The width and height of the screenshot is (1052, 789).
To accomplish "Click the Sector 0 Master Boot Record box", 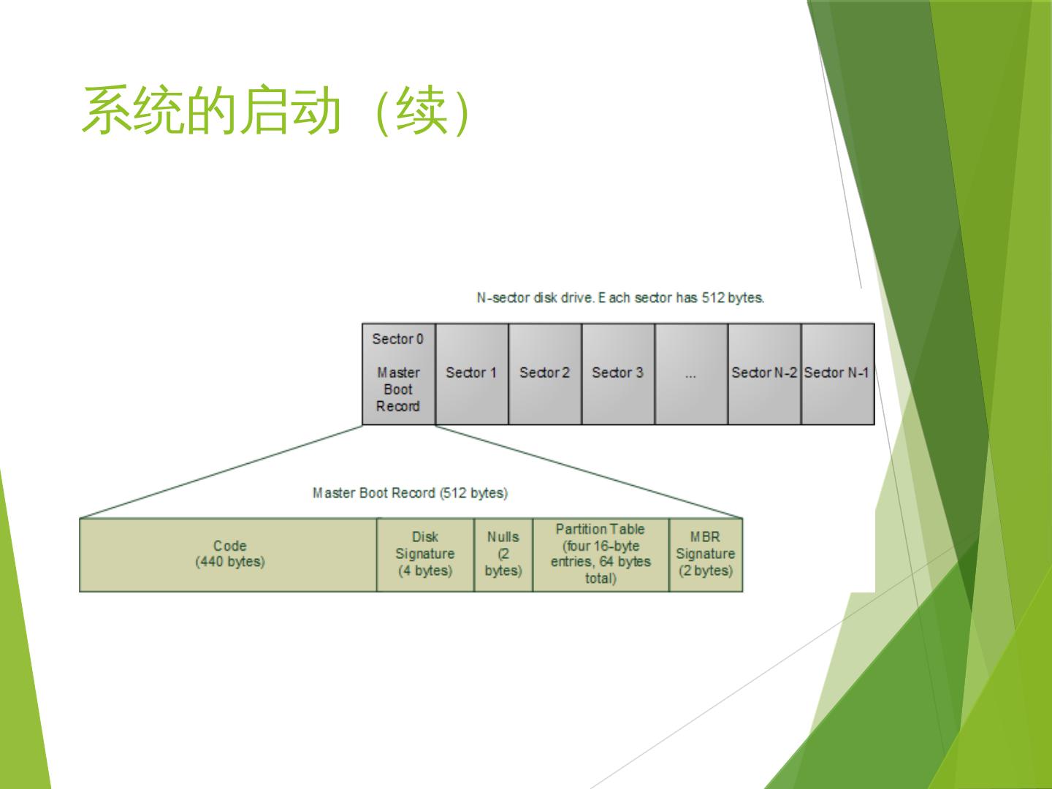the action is tap(398, 374).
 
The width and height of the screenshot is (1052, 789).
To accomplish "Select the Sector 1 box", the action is tap(471, 374).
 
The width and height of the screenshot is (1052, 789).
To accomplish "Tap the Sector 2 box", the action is tap(544, 374).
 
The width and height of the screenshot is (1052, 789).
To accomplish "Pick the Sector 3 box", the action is tap(617, 374).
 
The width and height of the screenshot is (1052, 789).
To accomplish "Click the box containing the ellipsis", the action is tap(690, 374).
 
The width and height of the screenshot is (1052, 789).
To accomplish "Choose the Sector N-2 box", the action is tap(764, 374).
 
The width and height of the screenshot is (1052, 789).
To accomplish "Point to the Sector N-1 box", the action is tap(837, 374).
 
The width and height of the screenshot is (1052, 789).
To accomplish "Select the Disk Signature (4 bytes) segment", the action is tap(425, 554).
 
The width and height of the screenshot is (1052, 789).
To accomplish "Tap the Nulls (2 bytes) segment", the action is tap(503, 554).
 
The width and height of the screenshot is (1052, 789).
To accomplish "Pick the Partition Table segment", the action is tap(601, 554).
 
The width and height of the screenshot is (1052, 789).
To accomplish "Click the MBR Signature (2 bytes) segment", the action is tap(706, 554).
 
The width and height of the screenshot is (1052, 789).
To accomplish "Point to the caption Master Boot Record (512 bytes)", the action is tap(410, 493).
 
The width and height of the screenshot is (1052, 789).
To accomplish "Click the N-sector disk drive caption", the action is tap(620, 298).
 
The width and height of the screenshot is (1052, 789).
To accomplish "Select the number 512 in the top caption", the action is tap(713, 298).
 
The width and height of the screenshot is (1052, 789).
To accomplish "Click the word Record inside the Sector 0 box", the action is tap(398, 407).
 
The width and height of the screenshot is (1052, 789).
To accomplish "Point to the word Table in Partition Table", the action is tap(628, 529).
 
